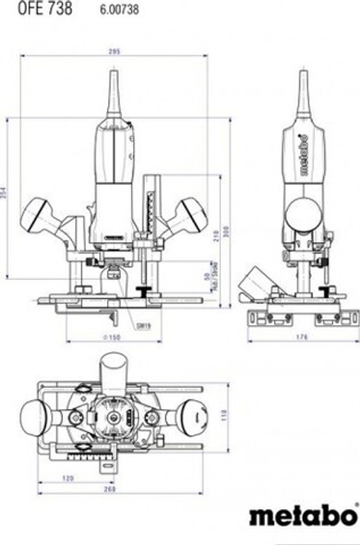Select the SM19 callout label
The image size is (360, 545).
click(x=144, y=325)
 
